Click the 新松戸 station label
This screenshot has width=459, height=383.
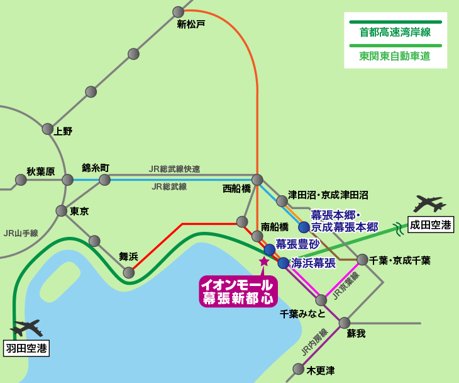tap(191, 25)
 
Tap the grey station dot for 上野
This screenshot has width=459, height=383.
tap(48, 129)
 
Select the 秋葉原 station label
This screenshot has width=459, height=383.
tap(40, 171)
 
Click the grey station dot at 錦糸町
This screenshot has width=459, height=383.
tap(105, 180)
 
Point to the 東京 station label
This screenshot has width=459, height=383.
tap(79, 212)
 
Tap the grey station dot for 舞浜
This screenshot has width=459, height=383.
tap(129, 272)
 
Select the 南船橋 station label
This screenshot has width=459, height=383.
tap(274, 226)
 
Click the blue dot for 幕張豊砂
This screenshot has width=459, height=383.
tap(270, 249)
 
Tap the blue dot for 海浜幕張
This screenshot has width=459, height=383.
tap(284, 263)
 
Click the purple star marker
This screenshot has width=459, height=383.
tap(264, 261)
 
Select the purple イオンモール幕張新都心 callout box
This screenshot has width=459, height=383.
tap(238, 291)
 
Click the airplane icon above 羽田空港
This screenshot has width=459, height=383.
tap(26, 328)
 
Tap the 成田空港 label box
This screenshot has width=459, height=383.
tap(431, 224)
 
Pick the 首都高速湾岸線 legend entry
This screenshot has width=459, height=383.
tap(395, 32)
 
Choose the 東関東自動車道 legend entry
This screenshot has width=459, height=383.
tap(395, 55)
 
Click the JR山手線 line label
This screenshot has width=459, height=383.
tap(21, 233)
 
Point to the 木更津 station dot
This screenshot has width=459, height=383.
tap(299, 369)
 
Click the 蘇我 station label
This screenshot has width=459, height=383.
tap(356, 334)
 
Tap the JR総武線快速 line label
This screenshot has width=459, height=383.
tap(174, 169)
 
